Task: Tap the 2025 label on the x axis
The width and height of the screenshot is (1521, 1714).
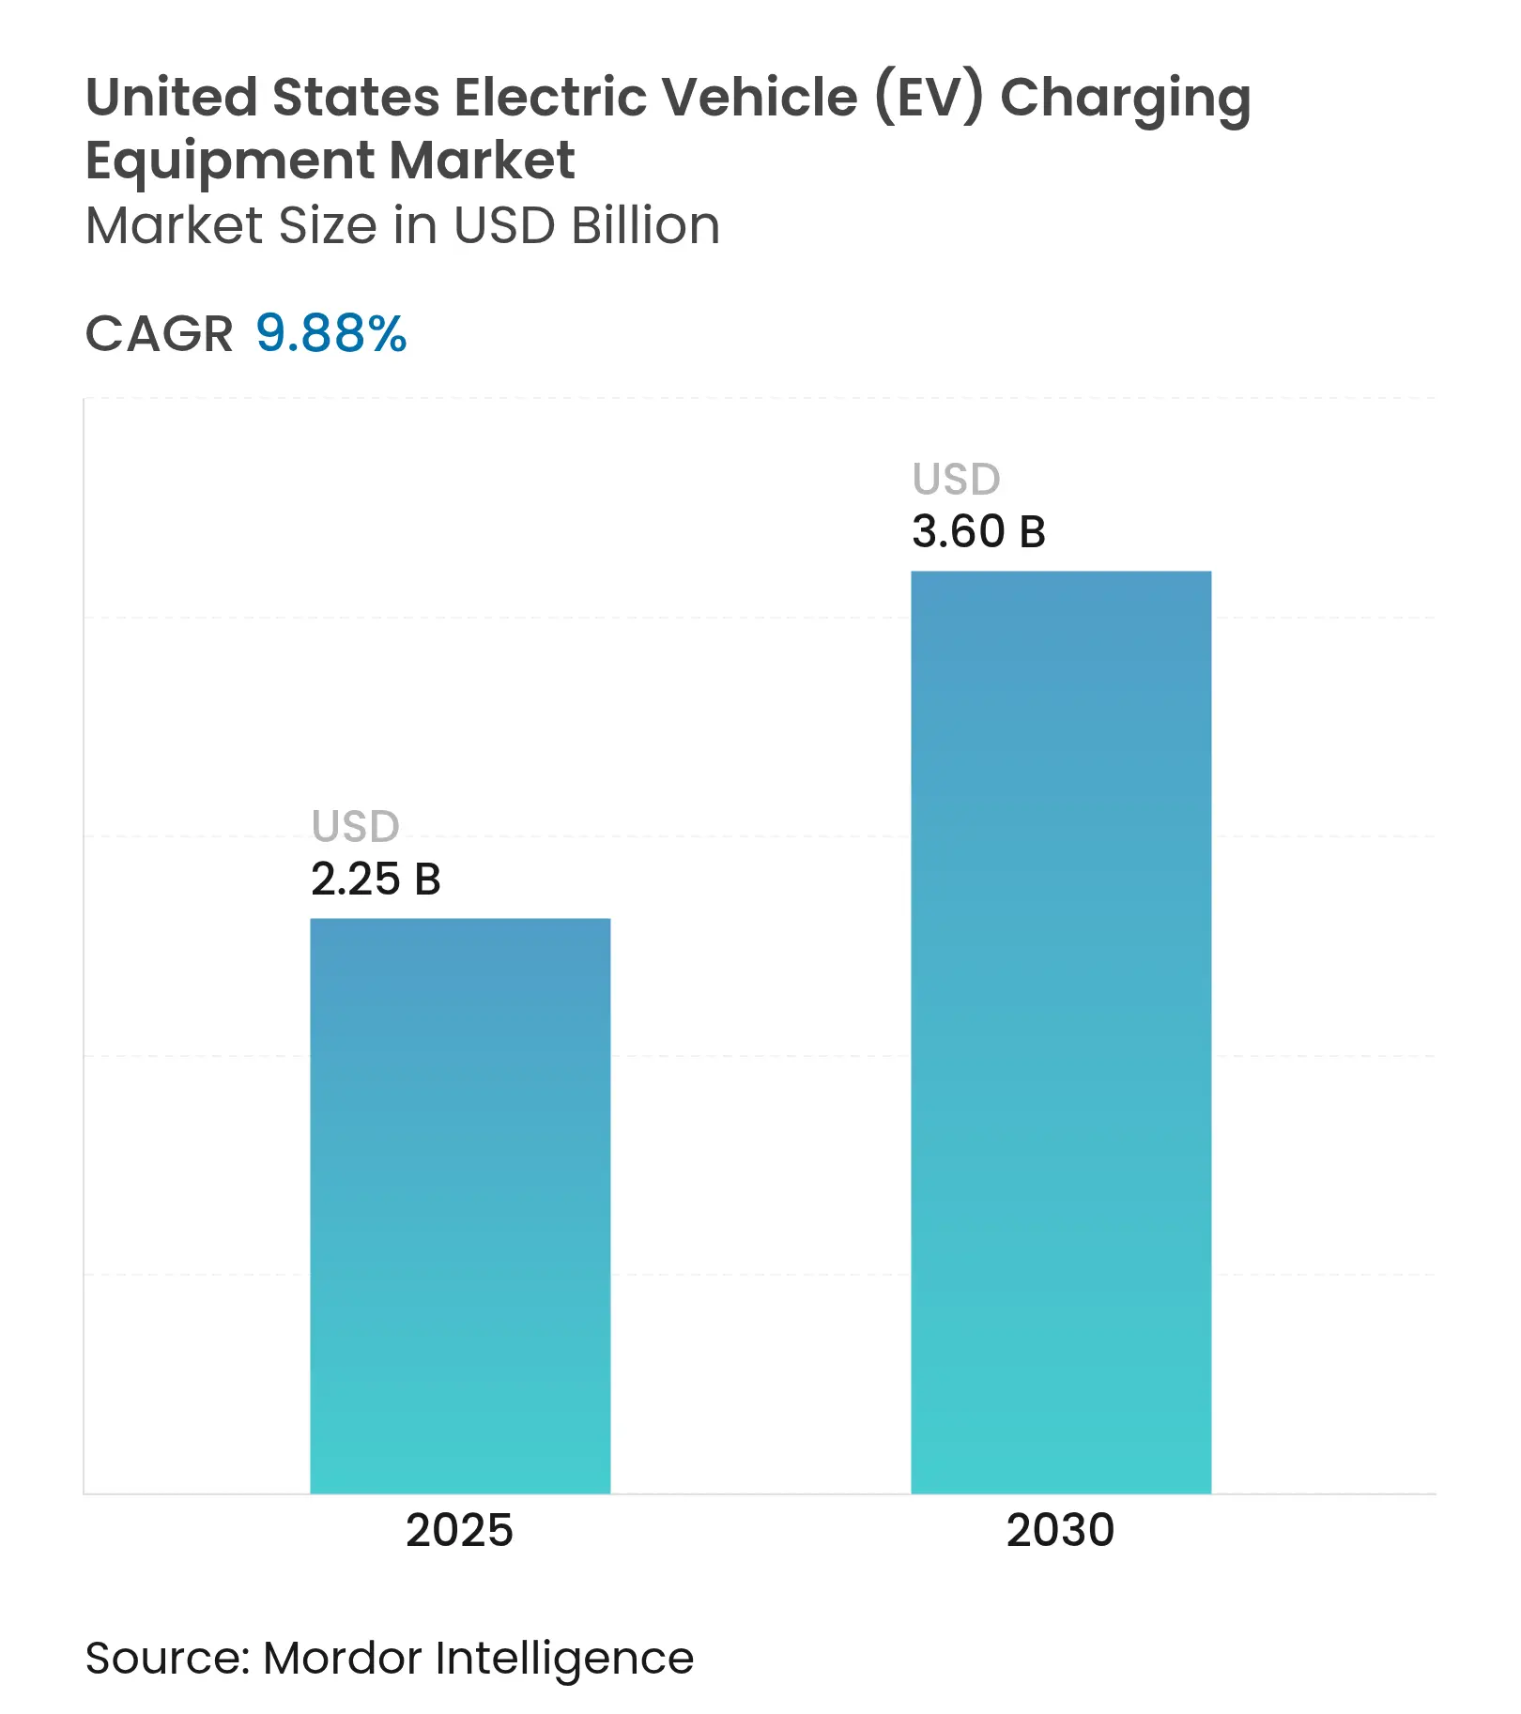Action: pyautogui.click(x=459, y=1530)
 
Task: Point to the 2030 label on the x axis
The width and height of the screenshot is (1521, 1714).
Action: pyautogui.click(x=1060, y=1530)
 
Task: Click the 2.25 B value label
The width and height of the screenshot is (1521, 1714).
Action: pyautogui.click(x=376, y=880)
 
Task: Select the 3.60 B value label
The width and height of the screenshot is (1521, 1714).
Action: pyautogui.click(x=978, y=532)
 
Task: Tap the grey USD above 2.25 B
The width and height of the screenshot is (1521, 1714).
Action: pyautogui.click(x=356, y=827)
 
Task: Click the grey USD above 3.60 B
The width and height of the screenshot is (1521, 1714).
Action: pyautogui.click(x=957, y=480)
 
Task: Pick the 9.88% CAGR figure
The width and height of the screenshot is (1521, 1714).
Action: pyautogui.click(x=331, y=334)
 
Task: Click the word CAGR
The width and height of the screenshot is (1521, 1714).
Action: pyautogui.click(x=159, y=334)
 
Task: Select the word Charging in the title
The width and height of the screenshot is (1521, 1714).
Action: pyautogui.click(x=1125, y=99)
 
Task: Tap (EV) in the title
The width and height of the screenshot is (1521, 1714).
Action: pyautogui.click(x=929, y=97)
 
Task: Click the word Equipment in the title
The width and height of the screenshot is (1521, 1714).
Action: pyautogui.click(x=230, y=161)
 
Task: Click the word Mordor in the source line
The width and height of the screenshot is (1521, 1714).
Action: pyautogui.click(x=343, y=1658)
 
